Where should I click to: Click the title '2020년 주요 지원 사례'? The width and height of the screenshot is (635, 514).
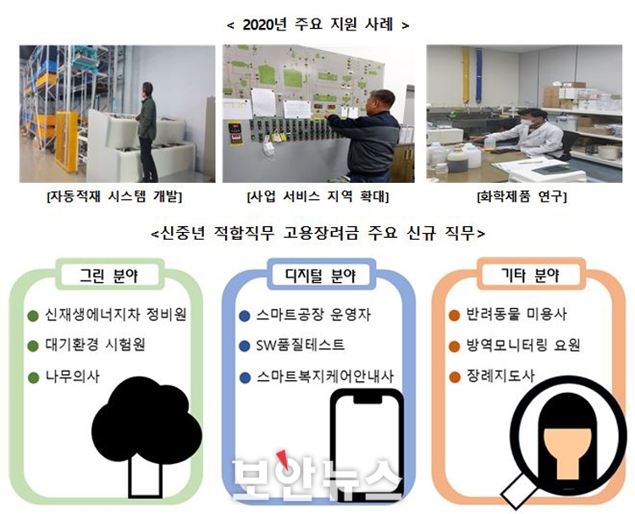(317, 25)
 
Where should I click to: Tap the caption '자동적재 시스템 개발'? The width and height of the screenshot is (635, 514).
(114, 196)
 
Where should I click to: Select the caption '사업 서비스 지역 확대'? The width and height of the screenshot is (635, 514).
(317, 196)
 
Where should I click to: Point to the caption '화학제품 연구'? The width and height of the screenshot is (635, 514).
(522, 196)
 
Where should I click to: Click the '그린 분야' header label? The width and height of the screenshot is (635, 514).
(109, 275)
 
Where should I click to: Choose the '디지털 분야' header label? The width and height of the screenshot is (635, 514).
(320, 275)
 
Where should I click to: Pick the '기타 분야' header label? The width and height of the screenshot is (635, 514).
(530, 275)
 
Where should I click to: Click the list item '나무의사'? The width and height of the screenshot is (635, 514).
(72, 376)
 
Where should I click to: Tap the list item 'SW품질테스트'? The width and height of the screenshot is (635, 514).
(300, 345)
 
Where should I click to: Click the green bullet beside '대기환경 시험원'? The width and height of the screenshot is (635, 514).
(33, 346)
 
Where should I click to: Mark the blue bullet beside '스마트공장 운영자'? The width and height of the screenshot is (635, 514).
(245, 316)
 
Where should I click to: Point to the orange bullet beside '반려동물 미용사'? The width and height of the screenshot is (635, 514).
(455, 315)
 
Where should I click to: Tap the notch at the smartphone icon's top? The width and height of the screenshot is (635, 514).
(367, 399)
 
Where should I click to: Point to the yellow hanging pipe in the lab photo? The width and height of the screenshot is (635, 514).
(467, 75)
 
